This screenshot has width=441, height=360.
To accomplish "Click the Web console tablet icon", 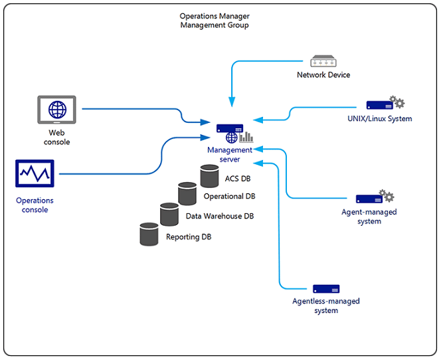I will [x=56, y=110].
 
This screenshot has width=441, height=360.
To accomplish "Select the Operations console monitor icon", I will [x=35, y=174].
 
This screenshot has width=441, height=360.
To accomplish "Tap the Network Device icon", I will [x=323, y=61].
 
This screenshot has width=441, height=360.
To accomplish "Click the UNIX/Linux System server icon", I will [x=378, y=105].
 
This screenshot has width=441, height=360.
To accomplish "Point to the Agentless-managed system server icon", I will [x=326, y=289].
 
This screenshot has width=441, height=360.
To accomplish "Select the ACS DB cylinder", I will [x=209, y=176].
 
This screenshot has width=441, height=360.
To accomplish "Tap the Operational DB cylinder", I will [x=187, y=194].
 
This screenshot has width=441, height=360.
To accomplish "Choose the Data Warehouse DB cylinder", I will [x=169, y=214].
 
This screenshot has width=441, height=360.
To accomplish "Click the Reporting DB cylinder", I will [x=149, y=234].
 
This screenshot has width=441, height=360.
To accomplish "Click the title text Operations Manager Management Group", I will [x=214, y=21].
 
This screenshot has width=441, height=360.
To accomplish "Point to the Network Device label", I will [x=323, y=75].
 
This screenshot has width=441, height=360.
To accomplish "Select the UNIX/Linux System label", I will [x=380, y=119].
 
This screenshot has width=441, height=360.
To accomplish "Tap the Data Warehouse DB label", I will [x=220, y=217].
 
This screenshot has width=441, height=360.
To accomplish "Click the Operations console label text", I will [x=35, y=205].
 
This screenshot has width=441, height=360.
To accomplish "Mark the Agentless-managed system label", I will [x=326, y=306].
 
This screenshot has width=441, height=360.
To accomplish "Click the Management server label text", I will [x=230, y=155].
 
